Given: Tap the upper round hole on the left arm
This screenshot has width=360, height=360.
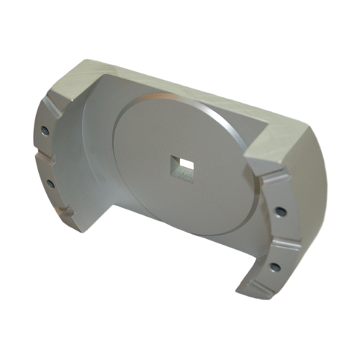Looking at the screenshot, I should pos(45,131).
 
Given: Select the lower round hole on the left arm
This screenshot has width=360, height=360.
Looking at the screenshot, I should pos(50,184).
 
